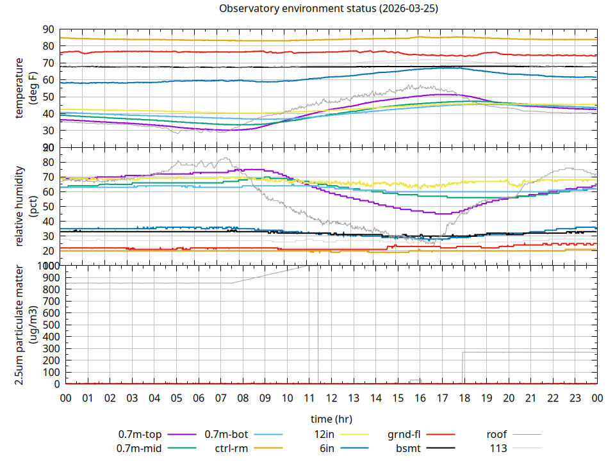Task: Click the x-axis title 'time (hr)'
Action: pyautogui.click(x=331, y=419)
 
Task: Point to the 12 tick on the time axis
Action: pyautogui.click(x=331, y=398)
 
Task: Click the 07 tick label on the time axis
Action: pyautogui.click(x=220, y=398)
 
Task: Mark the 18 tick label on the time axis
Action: pyautogui.click(x=464, y=398)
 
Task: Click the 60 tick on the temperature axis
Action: pyautogui.click(x=48, y=80)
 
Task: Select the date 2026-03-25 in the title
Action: pyautogui.click(x=410, y=9)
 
